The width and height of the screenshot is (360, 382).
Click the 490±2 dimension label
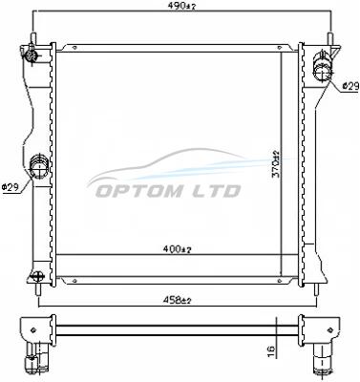click(181, 6)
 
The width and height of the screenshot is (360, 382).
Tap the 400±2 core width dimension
click(178, 249)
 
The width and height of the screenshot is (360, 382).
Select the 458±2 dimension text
click(178, 300)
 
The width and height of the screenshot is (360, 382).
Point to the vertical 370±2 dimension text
click(276, 165)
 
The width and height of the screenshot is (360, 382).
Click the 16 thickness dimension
click(271, 350)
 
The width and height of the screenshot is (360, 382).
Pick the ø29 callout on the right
click(350, 86)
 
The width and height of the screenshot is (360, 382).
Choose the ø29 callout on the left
click(11, 187)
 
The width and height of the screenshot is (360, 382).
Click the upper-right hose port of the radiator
click(324, 67)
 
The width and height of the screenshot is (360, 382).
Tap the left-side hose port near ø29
click(38, 166)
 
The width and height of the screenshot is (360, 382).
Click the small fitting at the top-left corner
click(31, 56)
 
